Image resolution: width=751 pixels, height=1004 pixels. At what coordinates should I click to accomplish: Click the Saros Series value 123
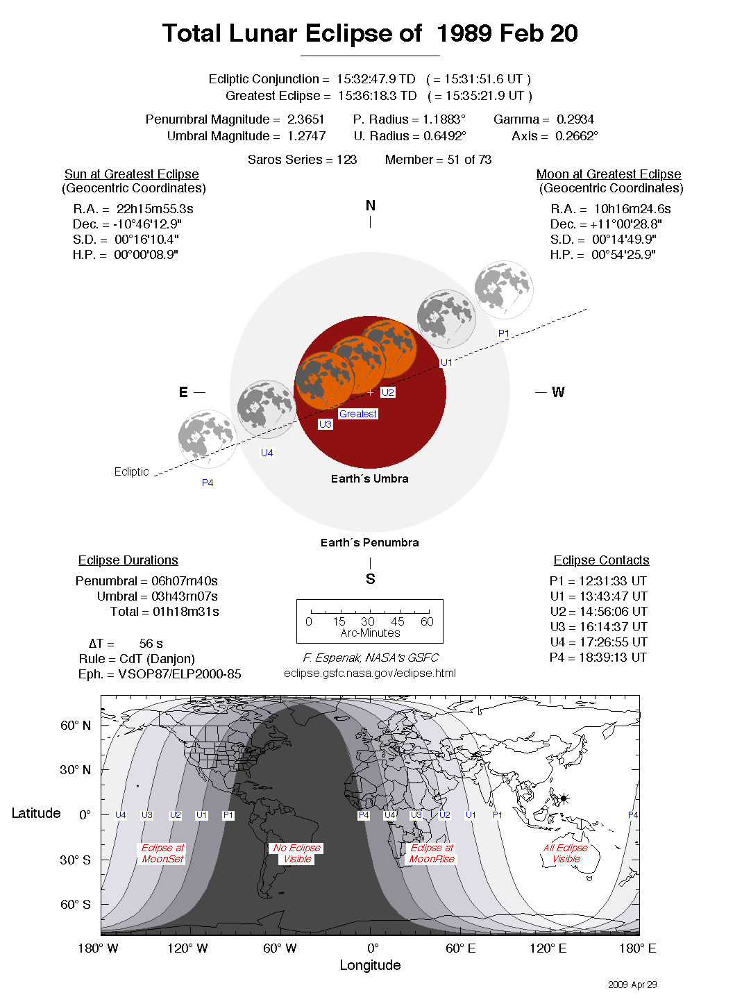click(x=346, y=160)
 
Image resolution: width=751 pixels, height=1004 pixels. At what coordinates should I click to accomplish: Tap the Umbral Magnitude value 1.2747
click(x=306, y=136)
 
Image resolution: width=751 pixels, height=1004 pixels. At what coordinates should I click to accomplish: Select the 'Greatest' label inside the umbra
click(x=357, y=414)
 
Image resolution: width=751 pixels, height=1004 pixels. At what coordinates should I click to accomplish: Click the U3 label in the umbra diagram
click(x=325, y=424)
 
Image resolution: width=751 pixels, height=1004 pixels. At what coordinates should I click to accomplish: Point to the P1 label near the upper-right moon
click(x=504, y=333)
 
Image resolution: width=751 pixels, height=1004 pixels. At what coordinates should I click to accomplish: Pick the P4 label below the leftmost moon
click(x=208, y=483)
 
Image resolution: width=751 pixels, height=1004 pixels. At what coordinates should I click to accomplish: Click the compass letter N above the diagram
click(x=370, y=206)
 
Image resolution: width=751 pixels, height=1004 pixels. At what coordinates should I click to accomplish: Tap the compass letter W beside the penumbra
click(x=558, y=392)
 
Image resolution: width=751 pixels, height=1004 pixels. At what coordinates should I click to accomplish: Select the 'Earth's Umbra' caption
click(x=369, y=478)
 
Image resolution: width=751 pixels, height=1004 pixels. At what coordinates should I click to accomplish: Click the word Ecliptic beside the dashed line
click(x=131, y=471)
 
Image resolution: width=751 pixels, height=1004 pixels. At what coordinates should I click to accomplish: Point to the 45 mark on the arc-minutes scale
click(x=397, y=621)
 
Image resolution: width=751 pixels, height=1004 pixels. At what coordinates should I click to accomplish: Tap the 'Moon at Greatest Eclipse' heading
click(x=608, y=174)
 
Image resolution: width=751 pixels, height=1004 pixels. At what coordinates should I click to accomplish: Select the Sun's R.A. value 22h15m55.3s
click(x=155, y=209)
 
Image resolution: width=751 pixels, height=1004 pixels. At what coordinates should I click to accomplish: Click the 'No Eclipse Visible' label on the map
click(x=297, y=853)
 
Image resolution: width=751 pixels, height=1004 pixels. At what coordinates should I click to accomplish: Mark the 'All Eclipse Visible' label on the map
click(x=566, y=853)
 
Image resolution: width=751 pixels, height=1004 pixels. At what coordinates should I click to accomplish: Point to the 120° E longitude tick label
click(x=548, y=948)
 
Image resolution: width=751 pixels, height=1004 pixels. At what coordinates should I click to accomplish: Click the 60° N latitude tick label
click(x=75, y=726)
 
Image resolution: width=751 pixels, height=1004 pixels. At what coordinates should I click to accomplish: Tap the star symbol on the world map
click(x=564, y=798)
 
